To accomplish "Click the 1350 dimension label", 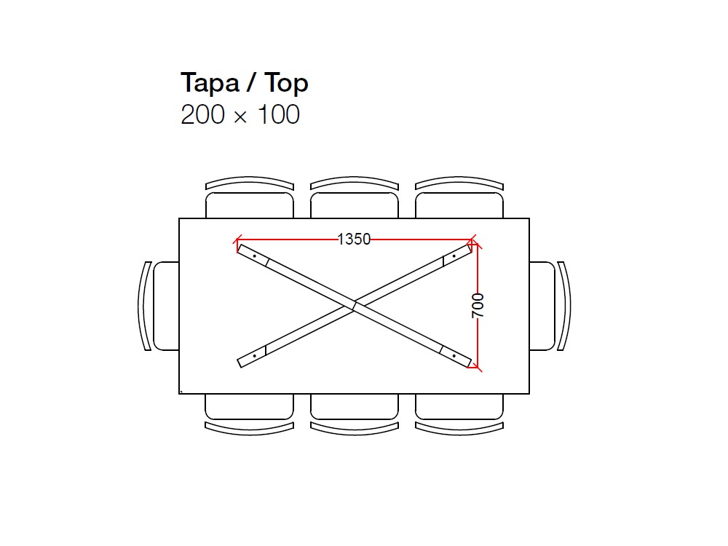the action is pyautogui.click(x=354, y=239).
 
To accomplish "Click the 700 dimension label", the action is pyautogui.click(x=478, y=306).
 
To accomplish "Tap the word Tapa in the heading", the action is pyautogui.click(x=210, y=83).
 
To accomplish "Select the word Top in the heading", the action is pyautogui.click(x=286, y=83).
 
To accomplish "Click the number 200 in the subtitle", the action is pyautogui.click(x=202, y=114).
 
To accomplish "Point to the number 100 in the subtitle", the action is pyautogui.click(x=279, y=114).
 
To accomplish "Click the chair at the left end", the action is pyautogui.click(x=158, y=306).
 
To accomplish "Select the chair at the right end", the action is pyautogui.click(x=550, y=306).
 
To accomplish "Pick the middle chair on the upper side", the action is pyautogui.click(x=355, y=197).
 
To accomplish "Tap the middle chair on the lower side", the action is pyautogui.click(x=355, y=415).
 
